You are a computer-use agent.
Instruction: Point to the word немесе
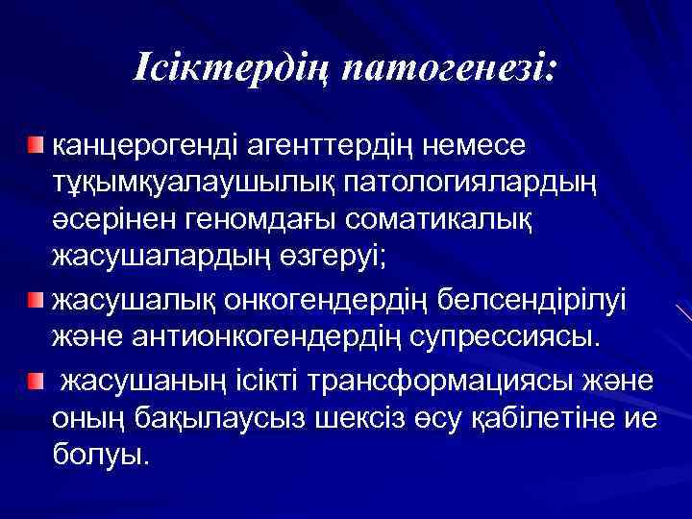click(x=480, y=145)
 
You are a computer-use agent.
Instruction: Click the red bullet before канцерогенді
click(x=36, y=144)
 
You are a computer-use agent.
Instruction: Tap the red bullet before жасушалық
click(x=36, y=299)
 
